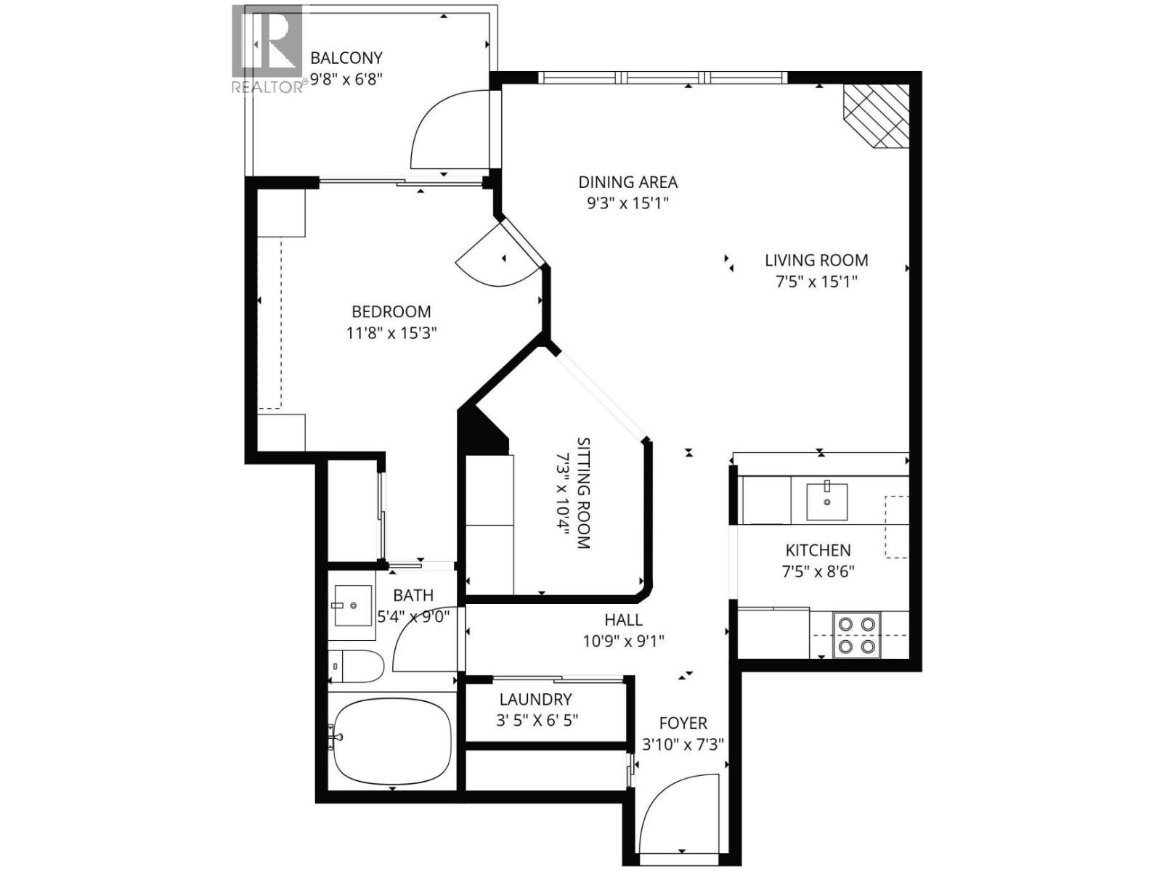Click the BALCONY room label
pos(346,58)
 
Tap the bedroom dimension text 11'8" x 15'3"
pos(391,334)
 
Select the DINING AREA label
pos(627,182)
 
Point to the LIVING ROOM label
pos(816,260)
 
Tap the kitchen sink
pos(826,502)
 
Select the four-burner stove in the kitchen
pos(856,635)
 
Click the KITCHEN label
pos(818,550)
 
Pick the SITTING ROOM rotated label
pos(583,493)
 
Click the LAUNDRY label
pos(536,700)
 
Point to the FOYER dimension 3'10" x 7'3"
pos(683,745)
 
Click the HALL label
pos(623,620)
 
